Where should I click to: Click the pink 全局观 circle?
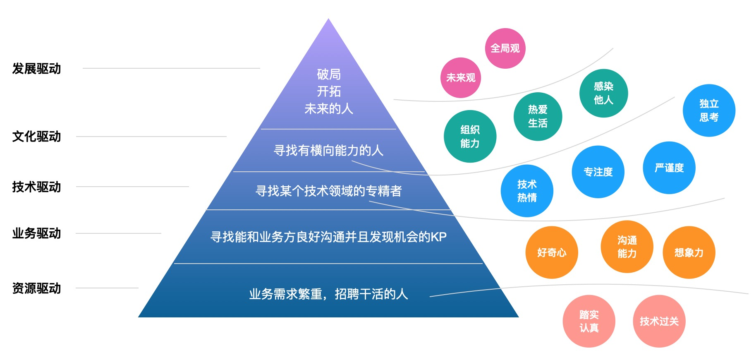pos(505,48)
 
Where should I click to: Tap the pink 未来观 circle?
pos(461,78)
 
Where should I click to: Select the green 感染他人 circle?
pos(603,93)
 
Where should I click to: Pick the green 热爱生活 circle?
pos(538,116)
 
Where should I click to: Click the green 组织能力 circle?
pos(470,136)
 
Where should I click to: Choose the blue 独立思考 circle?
pos(709,110)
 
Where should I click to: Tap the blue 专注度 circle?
pos(598,172)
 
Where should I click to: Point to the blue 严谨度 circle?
pos(669,168)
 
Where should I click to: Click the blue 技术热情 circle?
pos(527,191)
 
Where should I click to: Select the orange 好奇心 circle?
pos(552,252)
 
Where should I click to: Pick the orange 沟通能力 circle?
pos(627,247)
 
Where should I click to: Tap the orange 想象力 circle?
pos(689,252)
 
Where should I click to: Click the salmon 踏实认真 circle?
pos(589,321)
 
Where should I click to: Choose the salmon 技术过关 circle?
pos(659,321)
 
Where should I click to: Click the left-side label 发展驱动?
pos(36,69)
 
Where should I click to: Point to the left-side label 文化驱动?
pos(36,137)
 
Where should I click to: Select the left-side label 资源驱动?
pos(36,288)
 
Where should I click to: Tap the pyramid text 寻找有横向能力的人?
pos(328,150)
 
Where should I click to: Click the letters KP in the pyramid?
pos(439,237)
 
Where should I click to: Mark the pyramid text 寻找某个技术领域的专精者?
pos(328,191)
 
